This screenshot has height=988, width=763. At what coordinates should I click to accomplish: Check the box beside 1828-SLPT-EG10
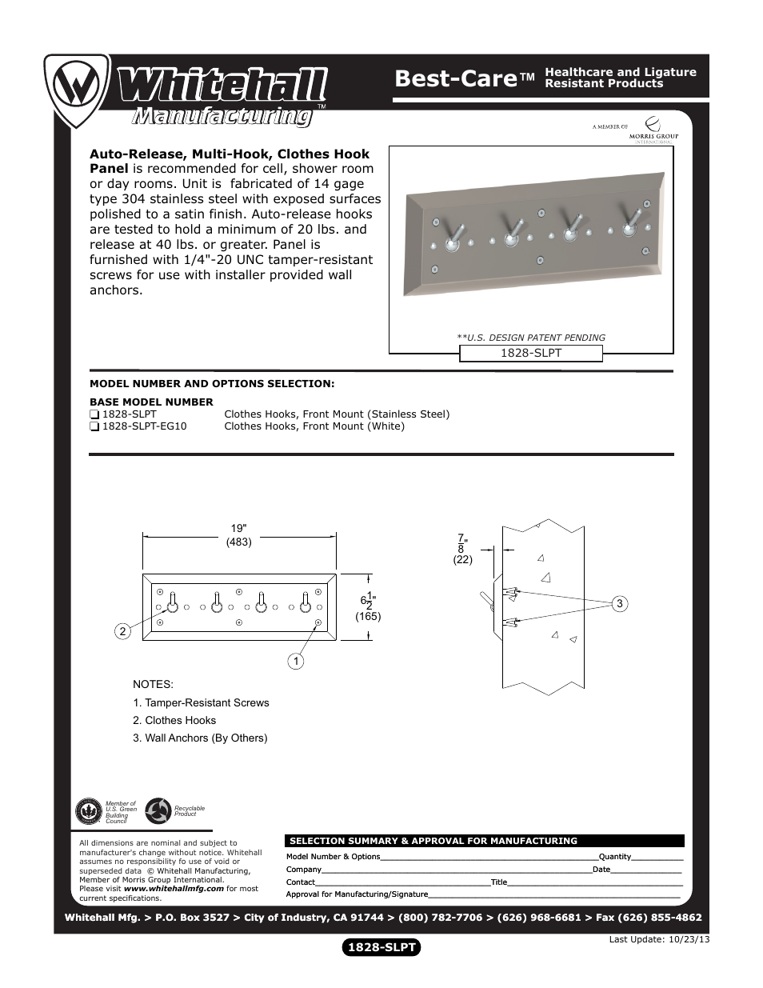(x=94, y=426)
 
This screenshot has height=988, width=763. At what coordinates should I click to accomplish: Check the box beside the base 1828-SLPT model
(x=94, y=414)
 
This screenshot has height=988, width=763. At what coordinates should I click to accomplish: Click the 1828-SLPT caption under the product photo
(x=530, y=353)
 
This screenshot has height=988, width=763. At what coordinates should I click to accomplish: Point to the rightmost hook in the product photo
(x=632, y=222)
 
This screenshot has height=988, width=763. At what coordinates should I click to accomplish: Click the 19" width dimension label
(x=238, y=529)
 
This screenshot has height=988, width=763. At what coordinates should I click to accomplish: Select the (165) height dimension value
(x=368, y=617)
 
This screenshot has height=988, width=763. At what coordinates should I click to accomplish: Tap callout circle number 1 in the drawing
(x=295, y=661)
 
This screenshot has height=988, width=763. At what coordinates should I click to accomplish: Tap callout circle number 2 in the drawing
(x=122, y=632)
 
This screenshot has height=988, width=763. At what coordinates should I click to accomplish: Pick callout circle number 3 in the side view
(x=619, y=604)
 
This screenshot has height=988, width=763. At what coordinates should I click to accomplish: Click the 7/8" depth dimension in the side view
(x=462, y=544)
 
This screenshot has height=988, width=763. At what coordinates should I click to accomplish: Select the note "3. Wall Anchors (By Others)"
(x=200, y=738)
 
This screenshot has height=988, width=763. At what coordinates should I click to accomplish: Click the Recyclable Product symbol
(x=158, y=811)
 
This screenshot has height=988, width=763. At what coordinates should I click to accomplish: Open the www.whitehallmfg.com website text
(x=174, y=889)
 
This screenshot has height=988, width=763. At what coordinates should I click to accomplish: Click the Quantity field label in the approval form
(x=614, y=857)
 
